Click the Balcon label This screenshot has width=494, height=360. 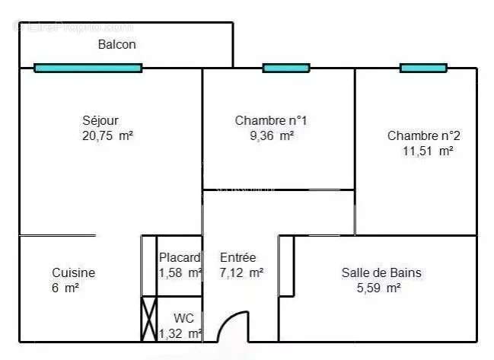pos(116,44)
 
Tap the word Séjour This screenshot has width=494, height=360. pos(100,120)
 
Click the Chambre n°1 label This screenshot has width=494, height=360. pos(270,120)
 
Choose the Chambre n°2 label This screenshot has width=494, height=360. pos(423,135)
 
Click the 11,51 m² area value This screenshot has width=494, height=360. pos(428,151)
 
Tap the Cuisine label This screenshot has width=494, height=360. pos(73,272)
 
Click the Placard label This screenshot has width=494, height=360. pos(180,257)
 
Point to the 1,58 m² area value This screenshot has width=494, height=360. pos(180,272)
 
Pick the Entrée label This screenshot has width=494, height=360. pos(237,257)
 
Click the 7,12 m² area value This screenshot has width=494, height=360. pos(241,272)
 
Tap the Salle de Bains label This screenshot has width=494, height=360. pos(381,272)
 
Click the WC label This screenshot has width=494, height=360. pos(183,318)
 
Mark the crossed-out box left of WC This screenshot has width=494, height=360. pos(148,319)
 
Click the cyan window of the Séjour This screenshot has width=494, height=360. pos(88,68)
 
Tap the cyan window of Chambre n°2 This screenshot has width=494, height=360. pos(423,68)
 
